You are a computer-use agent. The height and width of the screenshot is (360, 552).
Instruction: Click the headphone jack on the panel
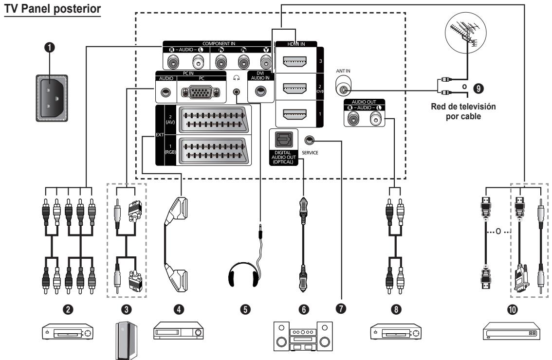[x=237, y=91]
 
